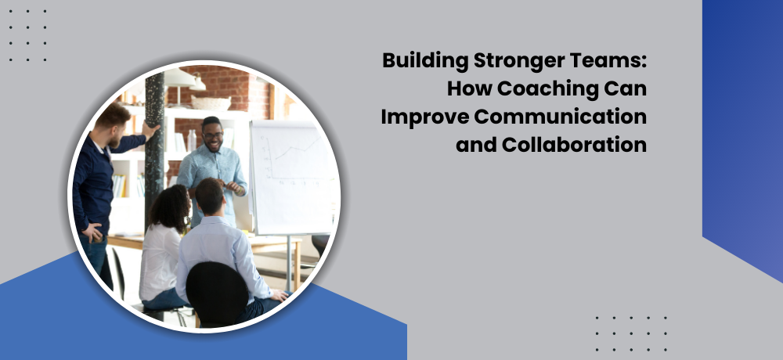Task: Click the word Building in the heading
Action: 425,61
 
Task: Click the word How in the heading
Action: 470,89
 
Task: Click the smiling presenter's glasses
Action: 212,135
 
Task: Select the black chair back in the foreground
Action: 217,294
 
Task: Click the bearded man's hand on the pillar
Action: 151,131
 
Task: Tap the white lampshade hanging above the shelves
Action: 180,78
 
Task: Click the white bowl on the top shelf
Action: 211,103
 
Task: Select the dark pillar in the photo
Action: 154,149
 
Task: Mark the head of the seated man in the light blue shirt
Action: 209,196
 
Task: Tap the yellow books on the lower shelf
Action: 119,185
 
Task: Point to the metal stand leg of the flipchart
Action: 289,263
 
